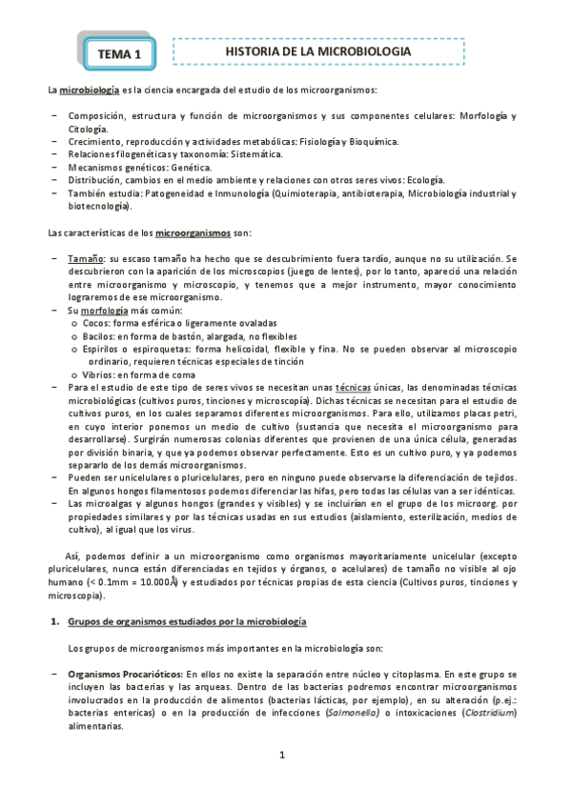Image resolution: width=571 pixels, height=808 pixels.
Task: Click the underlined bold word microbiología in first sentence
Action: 89,91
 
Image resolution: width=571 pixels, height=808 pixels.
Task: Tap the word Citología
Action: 89,129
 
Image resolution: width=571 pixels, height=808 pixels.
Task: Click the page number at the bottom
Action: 282,756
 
